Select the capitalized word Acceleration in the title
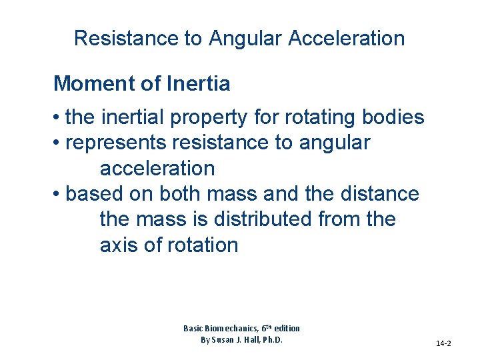point(347,38)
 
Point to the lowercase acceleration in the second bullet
point(157,169)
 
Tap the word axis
point(119,245)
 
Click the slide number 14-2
point(443,343)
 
